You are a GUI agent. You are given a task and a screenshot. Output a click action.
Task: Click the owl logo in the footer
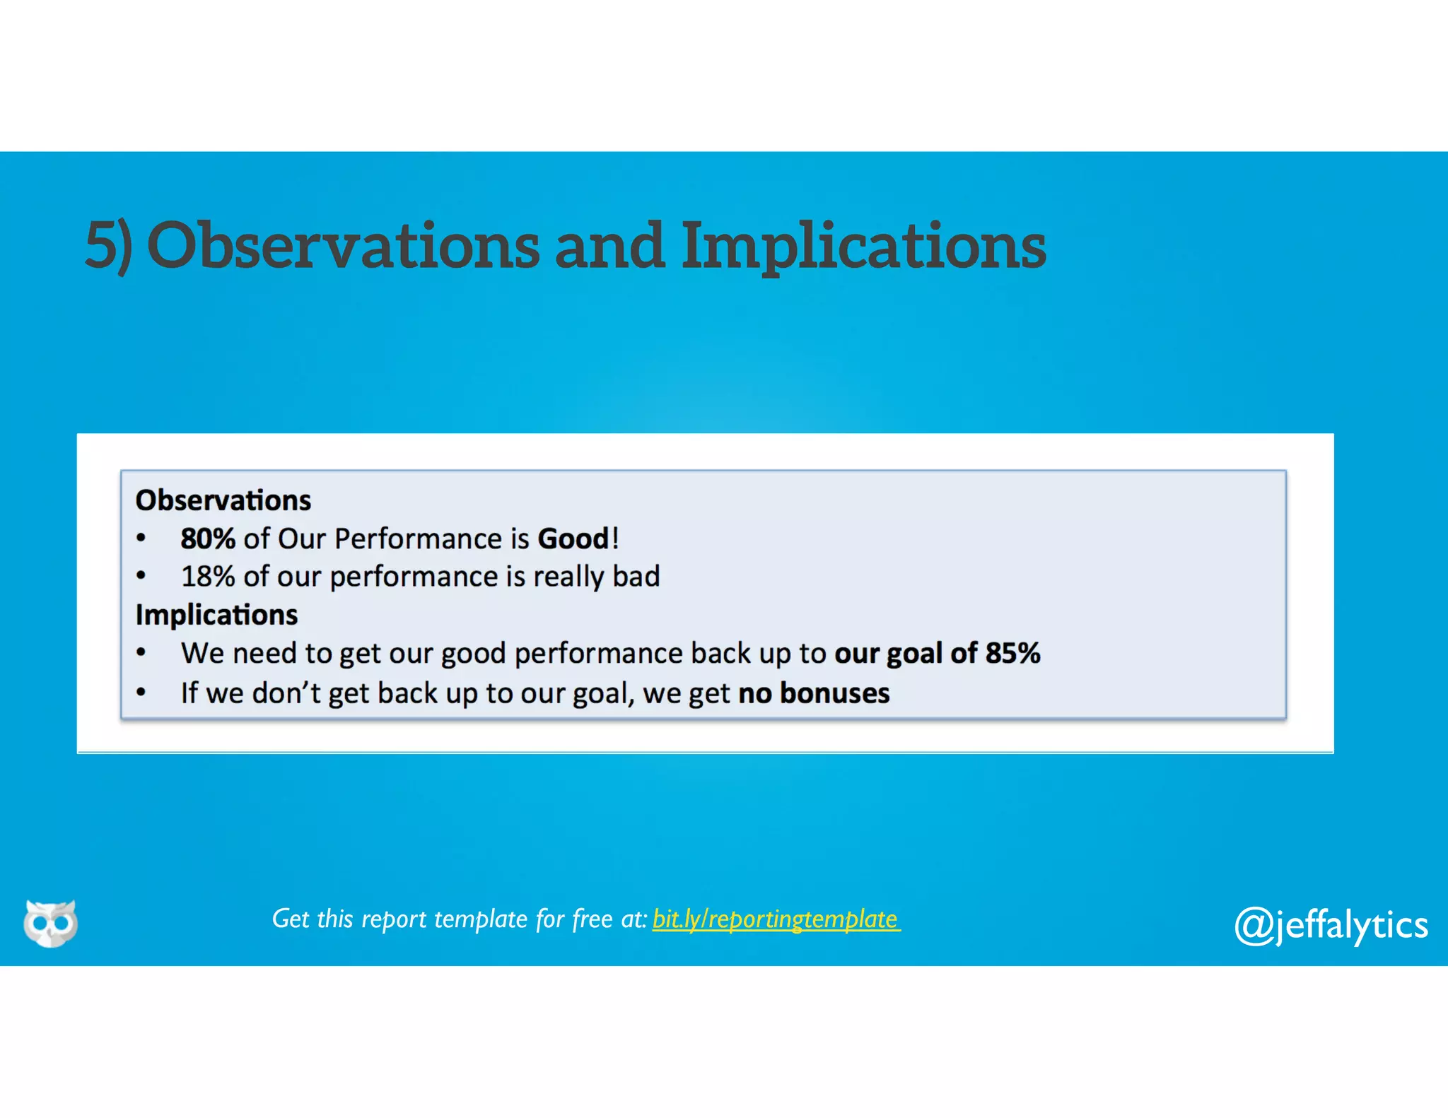tap(50, 923)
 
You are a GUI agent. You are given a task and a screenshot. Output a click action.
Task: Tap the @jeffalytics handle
tap(1331, 924)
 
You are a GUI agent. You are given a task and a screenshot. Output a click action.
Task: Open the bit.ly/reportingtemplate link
tap(776, 919)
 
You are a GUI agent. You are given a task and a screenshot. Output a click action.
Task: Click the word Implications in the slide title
tap(863, 245)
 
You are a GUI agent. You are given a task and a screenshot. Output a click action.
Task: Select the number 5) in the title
tap(108, 245)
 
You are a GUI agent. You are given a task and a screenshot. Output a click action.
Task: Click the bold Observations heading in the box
tap(223, 500)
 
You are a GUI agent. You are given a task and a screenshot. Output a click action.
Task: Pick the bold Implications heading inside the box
tap(216, 615)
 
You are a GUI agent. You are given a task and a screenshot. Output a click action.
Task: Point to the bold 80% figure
tap(207, 539)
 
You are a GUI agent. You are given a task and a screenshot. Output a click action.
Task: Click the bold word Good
tap(573, 539)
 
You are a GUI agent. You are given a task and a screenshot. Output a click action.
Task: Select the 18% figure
tap(207, 577)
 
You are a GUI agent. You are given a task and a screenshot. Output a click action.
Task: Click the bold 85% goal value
tap(1012, 653)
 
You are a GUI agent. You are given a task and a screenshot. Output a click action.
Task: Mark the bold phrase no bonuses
tap(814, 693)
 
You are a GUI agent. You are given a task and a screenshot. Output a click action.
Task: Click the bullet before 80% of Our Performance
tap(141, 539)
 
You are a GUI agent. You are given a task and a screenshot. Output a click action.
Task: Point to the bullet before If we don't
tap(141, 693)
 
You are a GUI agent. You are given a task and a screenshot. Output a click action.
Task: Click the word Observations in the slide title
tap(343, 245)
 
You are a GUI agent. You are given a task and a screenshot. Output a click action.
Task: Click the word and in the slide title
tap(609, 245)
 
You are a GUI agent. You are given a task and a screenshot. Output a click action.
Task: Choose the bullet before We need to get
tap(141, 652)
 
